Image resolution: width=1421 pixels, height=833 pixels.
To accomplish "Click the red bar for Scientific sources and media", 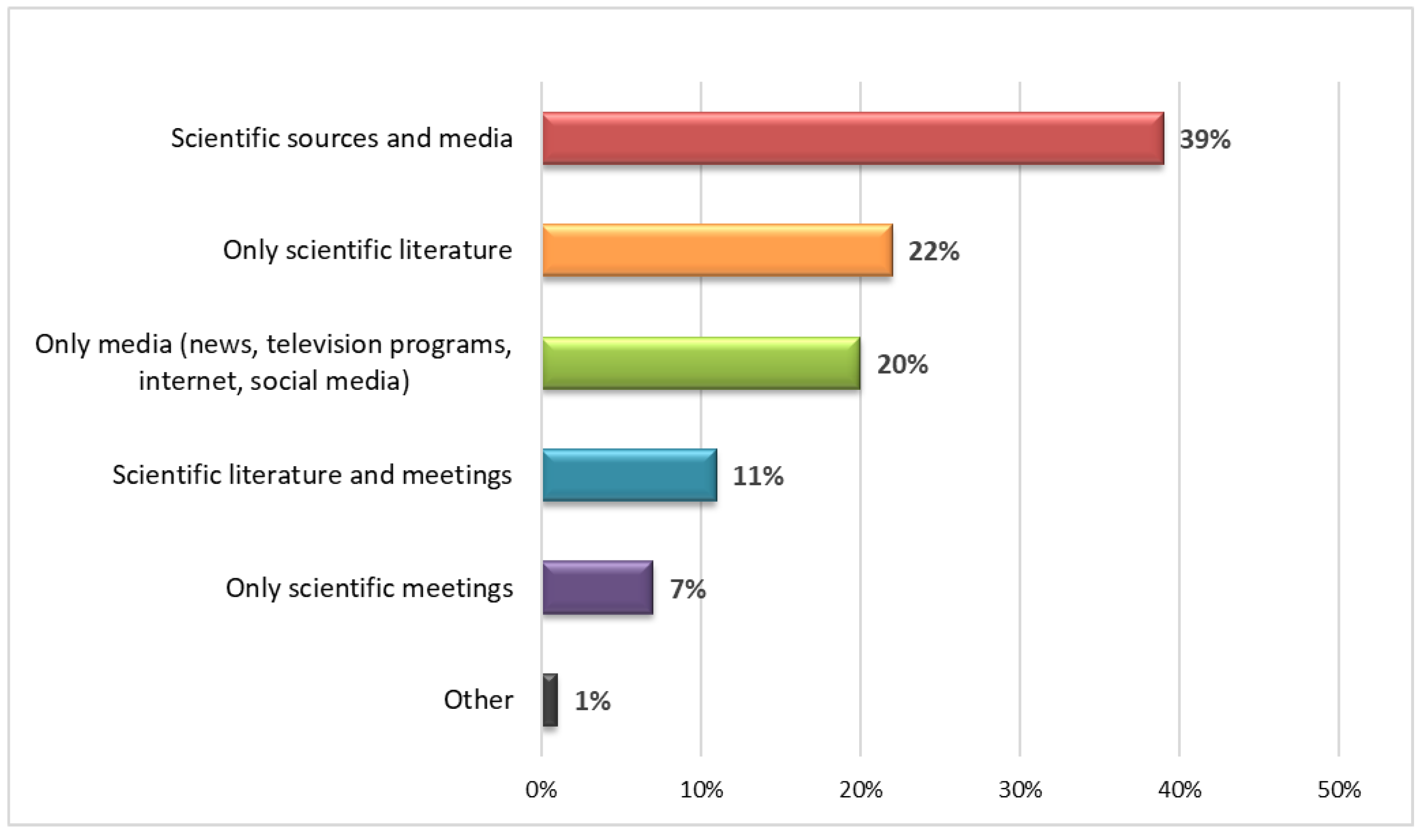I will (x=853, y=138).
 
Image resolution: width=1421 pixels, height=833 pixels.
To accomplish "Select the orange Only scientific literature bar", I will (x=717, y=250).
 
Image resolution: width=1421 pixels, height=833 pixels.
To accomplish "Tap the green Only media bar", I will (x=701, y=363).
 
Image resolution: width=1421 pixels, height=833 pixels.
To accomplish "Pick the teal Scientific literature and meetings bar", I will (x=629, y=475).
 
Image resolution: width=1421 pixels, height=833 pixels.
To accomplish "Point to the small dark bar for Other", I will (x=550, y=700).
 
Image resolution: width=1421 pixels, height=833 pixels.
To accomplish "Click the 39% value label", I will (x=1204, y=139).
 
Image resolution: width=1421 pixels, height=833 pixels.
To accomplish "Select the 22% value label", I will (x=933, y=251).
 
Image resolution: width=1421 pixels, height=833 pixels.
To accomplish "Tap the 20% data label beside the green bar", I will (x=902, y=364).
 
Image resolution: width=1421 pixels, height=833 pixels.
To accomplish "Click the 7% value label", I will (x=687, y=589).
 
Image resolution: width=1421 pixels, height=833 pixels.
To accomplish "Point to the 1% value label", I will (x=592, y=701).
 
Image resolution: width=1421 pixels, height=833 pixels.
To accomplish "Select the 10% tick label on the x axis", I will (x=701, y=790).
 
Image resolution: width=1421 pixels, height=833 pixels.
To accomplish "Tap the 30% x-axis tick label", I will (x=1020, y=790).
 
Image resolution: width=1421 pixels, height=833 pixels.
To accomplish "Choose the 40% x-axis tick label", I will (x=1180, y=790).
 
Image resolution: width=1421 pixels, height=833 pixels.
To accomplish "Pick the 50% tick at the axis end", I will (x=1339, y=790).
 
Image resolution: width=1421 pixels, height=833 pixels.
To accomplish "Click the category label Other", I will (x=478, y=700).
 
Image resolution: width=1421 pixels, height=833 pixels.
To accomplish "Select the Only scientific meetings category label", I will (x=369, y=588).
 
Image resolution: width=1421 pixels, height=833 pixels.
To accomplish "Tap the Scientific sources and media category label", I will (x=342, y=138).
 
